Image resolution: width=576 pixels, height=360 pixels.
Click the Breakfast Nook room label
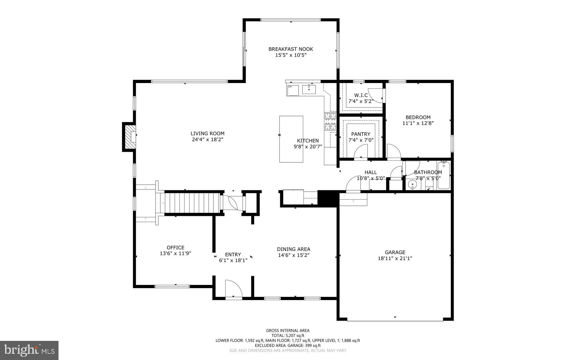point(291,49)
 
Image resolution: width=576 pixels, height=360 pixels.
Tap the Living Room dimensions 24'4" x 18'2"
point(207,139)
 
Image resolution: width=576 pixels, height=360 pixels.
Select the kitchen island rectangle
point(291,139)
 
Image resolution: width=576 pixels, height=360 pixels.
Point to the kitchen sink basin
point(309,90)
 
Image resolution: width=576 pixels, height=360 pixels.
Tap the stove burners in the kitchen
point(330,121)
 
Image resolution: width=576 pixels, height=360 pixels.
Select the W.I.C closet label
point(361,95)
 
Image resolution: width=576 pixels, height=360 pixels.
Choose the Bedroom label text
point(418,117)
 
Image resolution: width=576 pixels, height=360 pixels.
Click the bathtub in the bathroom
point(444,175)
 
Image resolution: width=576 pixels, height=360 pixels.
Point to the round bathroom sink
point(412,185)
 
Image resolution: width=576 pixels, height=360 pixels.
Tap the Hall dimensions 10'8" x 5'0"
point(371,178)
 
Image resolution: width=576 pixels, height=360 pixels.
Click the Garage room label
point(395,252)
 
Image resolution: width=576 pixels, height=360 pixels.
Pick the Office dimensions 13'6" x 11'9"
point(175,253)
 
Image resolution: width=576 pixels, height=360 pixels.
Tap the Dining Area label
point(294,249)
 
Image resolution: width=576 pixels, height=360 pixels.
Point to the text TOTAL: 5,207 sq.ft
point(288,336)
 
